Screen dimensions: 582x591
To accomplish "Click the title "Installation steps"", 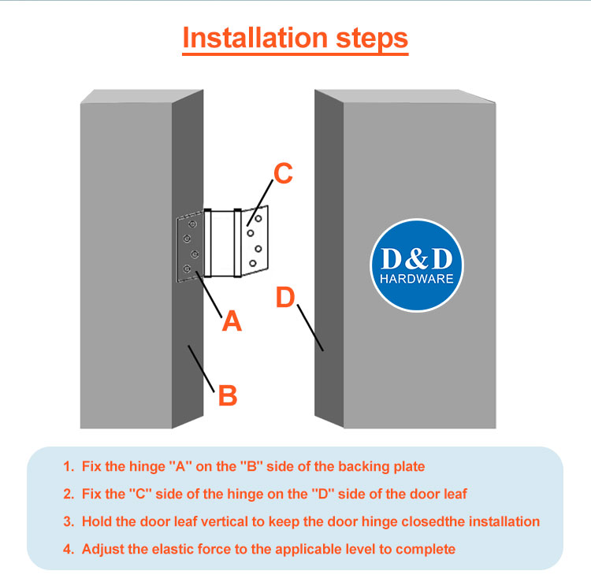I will click(295, 38).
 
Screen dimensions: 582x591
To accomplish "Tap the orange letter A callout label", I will click(231, 320).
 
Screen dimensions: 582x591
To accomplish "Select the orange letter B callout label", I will click(227, 395).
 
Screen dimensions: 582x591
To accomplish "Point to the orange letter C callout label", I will click(282, 173).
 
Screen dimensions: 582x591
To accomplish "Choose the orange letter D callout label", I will click(285, 298).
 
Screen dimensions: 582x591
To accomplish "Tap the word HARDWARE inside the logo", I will click(417, 280).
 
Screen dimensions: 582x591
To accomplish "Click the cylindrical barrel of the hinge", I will click(221, 243).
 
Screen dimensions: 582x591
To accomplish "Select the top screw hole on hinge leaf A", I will click(188, 224).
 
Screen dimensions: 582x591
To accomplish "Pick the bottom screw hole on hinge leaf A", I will click(188, 269).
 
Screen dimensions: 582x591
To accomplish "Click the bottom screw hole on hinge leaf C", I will click(253, 263).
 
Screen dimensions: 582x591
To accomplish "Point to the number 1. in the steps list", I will click(69, 466).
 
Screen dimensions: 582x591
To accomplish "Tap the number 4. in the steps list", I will click(69, 549).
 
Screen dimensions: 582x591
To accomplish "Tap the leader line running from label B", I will click(202, 367).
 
